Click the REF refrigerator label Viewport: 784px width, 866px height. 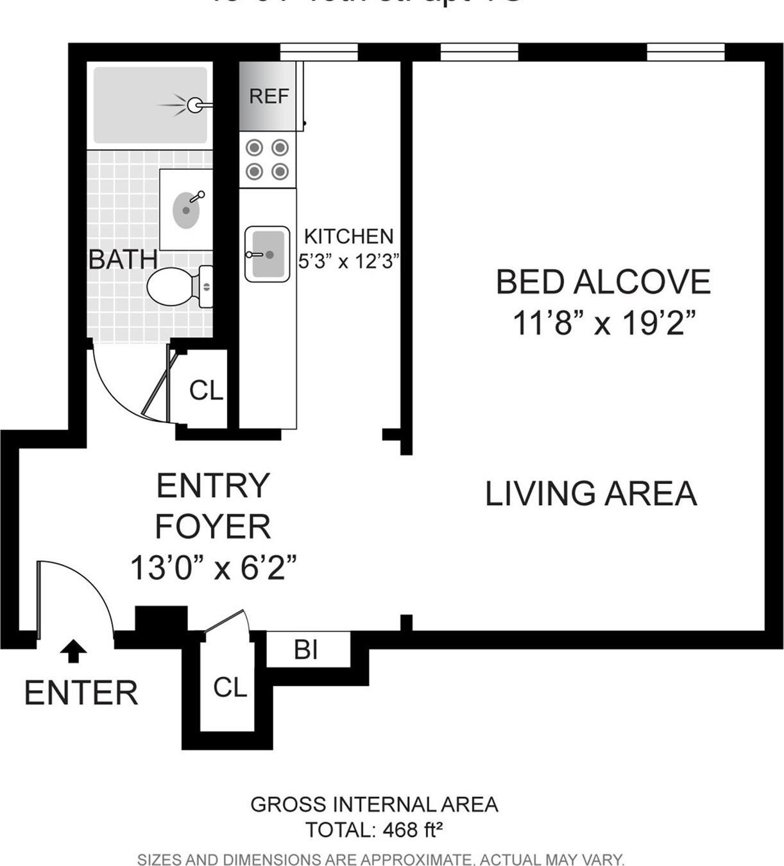(x=269, y=96)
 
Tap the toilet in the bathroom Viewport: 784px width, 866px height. (x=173, y=287)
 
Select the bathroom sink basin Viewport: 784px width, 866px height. (x=185, y=210)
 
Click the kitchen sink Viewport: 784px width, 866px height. (x=266, y=254)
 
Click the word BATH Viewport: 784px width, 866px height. (x=123, y=260)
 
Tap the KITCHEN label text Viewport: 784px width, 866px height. (x=348, y=237)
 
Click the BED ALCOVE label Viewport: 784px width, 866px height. (x=603, y=282)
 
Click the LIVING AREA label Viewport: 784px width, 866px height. (x=590, y=494)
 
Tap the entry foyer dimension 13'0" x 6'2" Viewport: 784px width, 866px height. (x=213, y=568)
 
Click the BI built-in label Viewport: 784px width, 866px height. (x=306, y=650)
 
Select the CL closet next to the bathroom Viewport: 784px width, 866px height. (x=206, y=390)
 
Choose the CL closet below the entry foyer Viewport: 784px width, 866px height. (x=230, y=688)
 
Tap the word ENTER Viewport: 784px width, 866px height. (x=81, y=693)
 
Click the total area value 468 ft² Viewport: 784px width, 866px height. (x=413, y=830)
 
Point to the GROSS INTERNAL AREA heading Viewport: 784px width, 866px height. (x=374, y=804)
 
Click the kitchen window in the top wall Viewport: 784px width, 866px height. (x=319, y=52)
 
